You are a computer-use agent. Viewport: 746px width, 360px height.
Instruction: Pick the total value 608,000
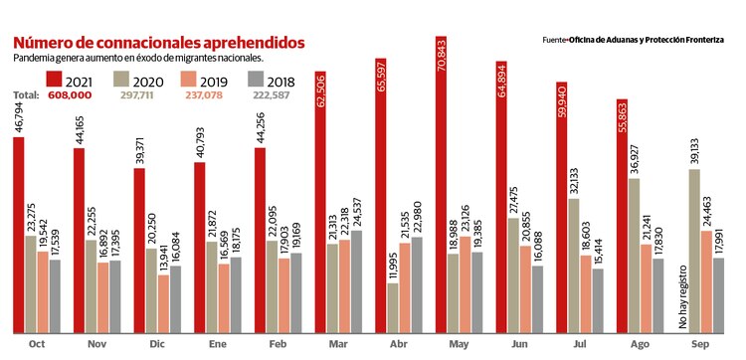tap(70, 95)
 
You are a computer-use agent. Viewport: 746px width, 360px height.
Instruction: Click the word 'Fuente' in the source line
tap(553, 40)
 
